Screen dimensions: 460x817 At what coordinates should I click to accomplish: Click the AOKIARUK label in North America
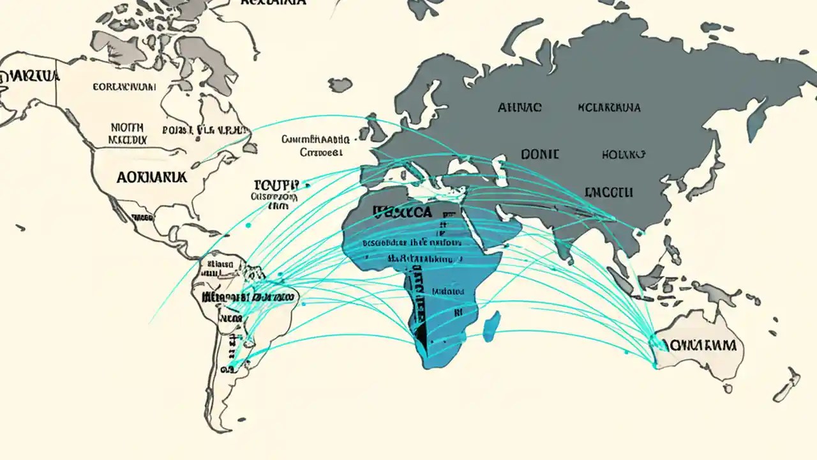point(152,178)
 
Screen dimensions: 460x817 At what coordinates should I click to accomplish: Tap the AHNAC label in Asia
point(520,108)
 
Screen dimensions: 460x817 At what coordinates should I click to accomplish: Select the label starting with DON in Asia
point(540,154)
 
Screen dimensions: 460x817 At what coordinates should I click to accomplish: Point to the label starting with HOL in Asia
point(623,154)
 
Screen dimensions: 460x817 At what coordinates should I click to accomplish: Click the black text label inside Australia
point(701,346)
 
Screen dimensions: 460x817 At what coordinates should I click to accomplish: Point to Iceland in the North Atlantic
point(340,84)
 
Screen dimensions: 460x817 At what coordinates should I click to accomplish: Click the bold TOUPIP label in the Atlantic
point(275,185)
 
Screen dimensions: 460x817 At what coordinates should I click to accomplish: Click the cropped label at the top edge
point(273,3)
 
